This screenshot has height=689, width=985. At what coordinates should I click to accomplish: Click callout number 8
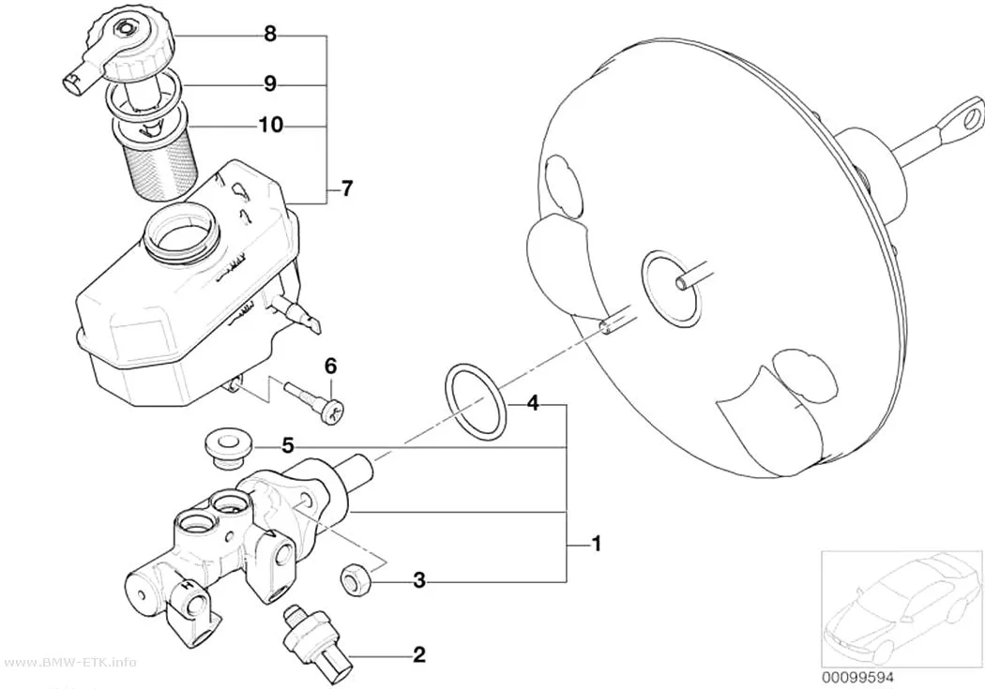point(270,34)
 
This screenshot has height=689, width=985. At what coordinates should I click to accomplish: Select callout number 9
point(270,83)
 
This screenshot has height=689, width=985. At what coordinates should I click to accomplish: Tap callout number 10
point(271,126)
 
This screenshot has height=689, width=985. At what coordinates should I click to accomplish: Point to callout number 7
point(347,187)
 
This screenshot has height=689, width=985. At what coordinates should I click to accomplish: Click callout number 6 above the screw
point(330,366)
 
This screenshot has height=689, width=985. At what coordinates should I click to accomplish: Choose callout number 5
point(288,446)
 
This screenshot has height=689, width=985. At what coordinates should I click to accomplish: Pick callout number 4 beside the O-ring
point(532,403)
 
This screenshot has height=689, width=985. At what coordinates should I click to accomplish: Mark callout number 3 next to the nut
point(419,581)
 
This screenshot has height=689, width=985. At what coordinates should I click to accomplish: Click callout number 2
point(419,655)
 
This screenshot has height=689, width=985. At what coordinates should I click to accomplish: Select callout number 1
point(597,544)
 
